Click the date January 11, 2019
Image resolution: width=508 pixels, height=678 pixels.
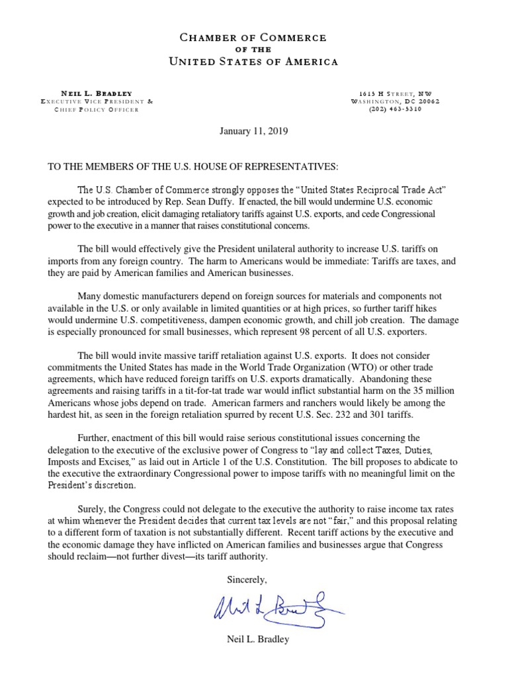pos(254,132)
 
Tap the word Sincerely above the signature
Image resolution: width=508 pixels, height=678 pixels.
pos(247,580)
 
